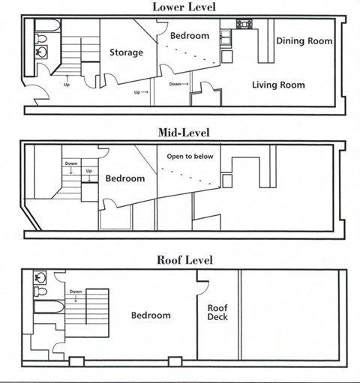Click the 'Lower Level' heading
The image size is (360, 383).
coord(184,7)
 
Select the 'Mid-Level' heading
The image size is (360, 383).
coord(184,133)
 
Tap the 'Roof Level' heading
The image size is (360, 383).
coord(184,260)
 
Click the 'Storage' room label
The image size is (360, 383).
coord(126,52)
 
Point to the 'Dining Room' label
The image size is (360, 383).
coord(304,40)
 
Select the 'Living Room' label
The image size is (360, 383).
coord(277,85)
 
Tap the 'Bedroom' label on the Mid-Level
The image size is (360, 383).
coord(124,178)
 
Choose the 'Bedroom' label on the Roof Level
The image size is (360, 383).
coord(151,316)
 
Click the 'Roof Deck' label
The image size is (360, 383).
coord(217,311)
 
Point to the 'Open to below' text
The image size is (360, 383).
coord(189,157)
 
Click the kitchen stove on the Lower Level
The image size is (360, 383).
coord(244,24)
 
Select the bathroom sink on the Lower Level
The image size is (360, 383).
coord(43,52)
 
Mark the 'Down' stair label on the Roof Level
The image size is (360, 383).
coord(75,292)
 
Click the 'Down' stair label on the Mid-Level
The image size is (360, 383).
coord(70,163)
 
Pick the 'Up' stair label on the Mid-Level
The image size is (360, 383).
coord(88,171)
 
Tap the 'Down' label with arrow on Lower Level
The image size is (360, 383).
coord(177,84)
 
